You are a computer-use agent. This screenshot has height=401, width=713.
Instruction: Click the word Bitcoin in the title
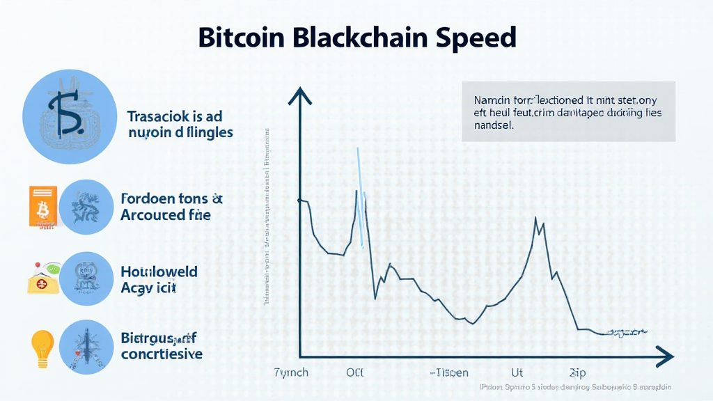(239, 37)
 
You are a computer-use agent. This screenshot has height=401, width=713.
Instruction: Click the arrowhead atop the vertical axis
(300, 95)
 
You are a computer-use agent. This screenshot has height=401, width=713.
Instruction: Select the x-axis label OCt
(355, 372)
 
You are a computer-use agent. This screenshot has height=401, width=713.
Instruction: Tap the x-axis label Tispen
(450, 372)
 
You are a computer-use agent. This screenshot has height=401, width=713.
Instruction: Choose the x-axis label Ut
(517, 372)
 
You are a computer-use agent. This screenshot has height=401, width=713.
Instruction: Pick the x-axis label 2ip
(577, 372)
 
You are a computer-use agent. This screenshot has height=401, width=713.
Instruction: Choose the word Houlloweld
(159, 272)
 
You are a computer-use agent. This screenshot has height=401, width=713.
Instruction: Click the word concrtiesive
(162, 354)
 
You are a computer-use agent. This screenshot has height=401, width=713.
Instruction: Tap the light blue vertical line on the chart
(360, 195)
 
